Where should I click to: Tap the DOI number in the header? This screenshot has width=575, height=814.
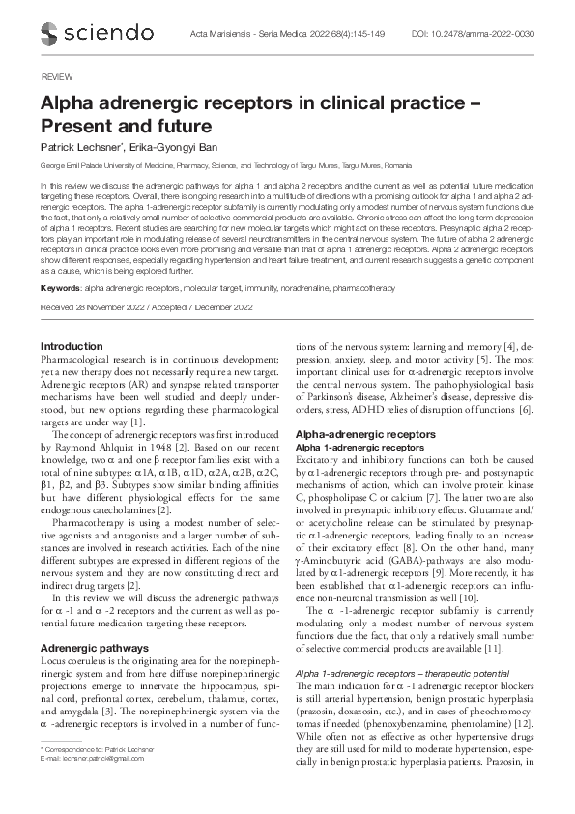501,33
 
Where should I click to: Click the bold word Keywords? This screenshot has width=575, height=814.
60,289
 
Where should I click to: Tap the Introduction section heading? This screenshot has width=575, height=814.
72,346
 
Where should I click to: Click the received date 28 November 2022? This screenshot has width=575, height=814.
105,307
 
